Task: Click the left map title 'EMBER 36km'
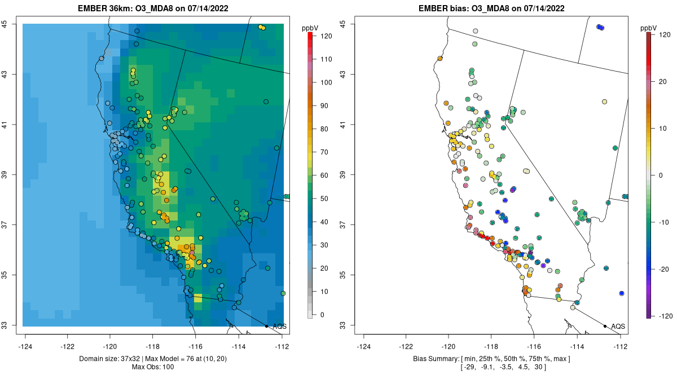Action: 108,8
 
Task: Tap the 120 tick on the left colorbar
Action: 326,36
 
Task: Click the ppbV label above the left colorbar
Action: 309,27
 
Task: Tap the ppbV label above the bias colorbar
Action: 648,27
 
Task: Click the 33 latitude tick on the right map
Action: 343,325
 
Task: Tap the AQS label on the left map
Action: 279,327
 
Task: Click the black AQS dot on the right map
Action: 605,326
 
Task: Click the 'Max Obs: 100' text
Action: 153,367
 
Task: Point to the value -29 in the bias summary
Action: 470,367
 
